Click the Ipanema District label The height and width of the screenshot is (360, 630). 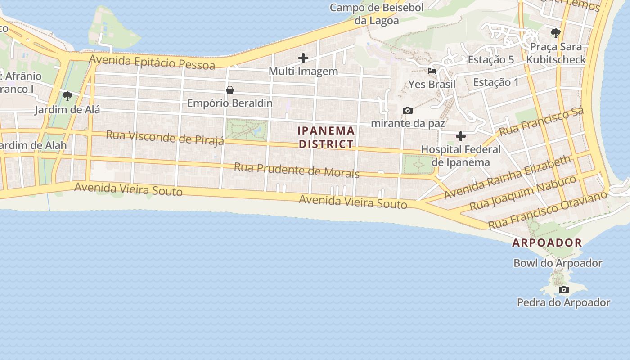326,137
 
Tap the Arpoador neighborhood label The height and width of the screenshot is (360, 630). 547,243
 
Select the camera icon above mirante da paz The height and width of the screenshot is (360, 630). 408,110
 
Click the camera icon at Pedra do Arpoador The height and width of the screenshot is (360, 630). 563,289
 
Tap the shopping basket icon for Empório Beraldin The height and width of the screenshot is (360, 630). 230,90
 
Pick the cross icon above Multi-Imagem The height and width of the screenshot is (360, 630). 303,58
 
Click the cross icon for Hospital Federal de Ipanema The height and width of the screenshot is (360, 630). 460,136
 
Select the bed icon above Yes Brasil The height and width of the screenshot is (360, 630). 432,71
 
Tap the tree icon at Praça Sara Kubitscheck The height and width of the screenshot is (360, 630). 556,33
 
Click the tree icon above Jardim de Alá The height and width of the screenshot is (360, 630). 67,96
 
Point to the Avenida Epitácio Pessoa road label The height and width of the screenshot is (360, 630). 152,62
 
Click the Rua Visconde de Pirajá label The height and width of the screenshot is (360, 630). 165,138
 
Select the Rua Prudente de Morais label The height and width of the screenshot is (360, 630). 297,170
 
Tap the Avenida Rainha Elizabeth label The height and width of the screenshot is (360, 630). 507,177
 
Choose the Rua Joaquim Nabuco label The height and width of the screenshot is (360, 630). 523,193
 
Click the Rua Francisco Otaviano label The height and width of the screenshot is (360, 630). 547,209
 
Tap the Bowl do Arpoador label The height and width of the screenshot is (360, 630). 558,263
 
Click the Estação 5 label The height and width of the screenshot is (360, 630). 490,59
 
